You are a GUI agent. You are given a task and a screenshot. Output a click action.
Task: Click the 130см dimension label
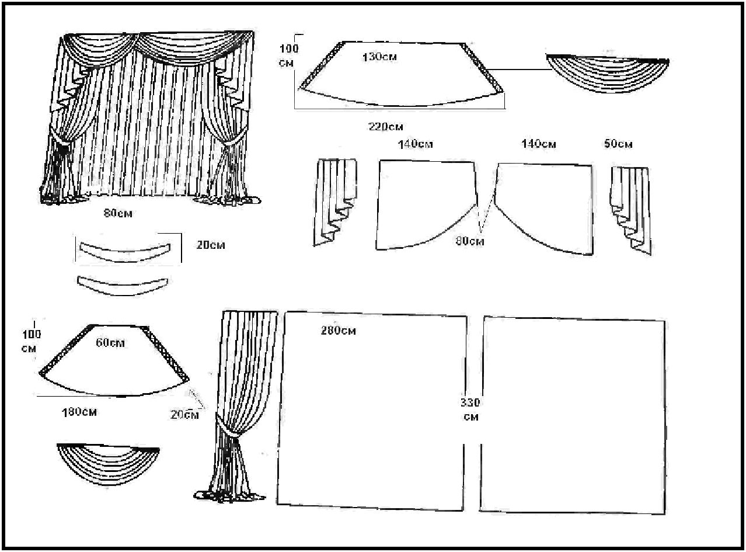tap(379, 57)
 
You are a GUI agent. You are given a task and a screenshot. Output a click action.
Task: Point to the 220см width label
tap(385, 126)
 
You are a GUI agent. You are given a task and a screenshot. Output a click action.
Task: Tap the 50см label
tap(618, 144)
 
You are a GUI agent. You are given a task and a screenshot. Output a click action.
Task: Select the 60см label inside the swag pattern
tap(110, 343)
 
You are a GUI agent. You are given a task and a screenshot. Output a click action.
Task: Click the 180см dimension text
tap(79, 412)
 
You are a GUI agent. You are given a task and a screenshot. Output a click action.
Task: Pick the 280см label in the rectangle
tap(338, 331)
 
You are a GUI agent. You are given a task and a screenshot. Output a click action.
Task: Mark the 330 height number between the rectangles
tap(470, 402)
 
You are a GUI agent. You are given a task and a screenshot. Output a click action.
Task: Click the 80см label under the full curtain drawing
tap(117, 214)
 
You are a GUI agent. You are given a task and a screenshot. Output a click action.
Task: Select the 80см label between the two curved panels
tap(469, 241)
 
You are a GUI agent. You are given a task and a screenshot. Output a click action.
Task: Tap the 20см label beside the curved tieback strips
tap(210, 246)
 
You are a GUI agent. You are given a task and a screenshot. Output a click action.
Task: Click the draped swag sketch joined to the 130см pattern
tap(607, 71)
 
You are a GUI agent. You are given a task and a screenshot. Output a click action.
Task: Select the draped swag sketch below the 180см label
tap(108, 461)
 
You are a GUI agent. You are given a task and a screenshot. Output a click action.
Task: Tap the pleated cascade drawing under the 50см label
tap(630, 207)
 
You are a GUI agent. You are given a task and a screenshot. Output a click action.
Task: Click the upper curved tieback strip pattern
tap(124, 252)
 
